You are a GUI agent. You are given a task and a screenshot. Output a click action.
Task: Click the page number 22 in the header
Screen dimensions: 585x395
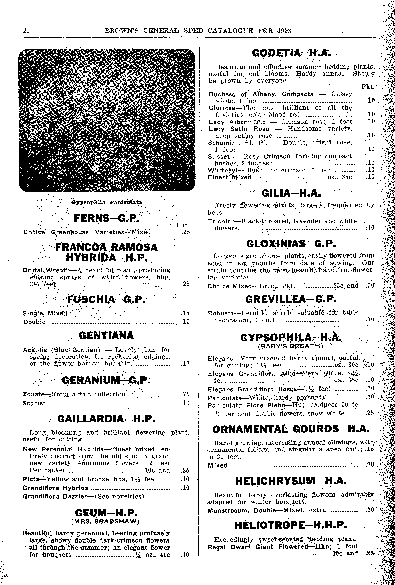tap(26, 31)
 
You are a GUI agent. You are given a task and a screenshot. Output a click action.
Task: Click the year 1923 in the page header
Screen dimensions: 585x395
tap(284, 31)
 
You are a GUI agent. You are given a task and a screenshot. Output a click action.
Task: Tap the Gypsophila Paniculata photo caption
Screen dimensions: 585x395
tap(107, 202)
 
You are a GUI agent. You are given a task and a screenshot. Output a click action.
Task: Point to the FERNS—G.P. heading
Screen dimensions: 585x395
tap(107, 218)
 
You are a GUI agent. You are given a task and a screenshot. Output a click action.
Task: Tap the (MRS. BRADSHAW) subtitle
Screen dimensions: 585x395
tap(105, 521)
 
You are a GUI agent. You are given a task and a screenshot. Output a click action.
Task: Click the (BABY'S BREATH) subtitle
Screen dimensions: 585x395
tap(291, 346)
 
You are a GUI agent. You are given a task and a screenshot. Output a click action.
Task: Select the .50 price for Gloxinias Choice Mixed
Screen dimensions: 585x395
tap(370, 285)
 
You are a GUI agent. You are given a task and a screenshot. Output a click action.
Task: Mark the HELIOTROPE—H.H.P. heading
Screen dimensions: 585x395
tap(291, 525)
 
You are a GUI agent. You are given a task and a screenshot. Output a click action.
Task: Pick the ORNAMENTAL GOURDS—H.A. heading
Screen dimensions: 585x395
tap(291, 429)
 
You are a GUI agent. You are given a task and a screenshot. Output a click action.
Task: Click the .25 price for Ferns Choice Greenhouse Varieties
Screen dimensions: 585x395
tap(185, 232)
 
